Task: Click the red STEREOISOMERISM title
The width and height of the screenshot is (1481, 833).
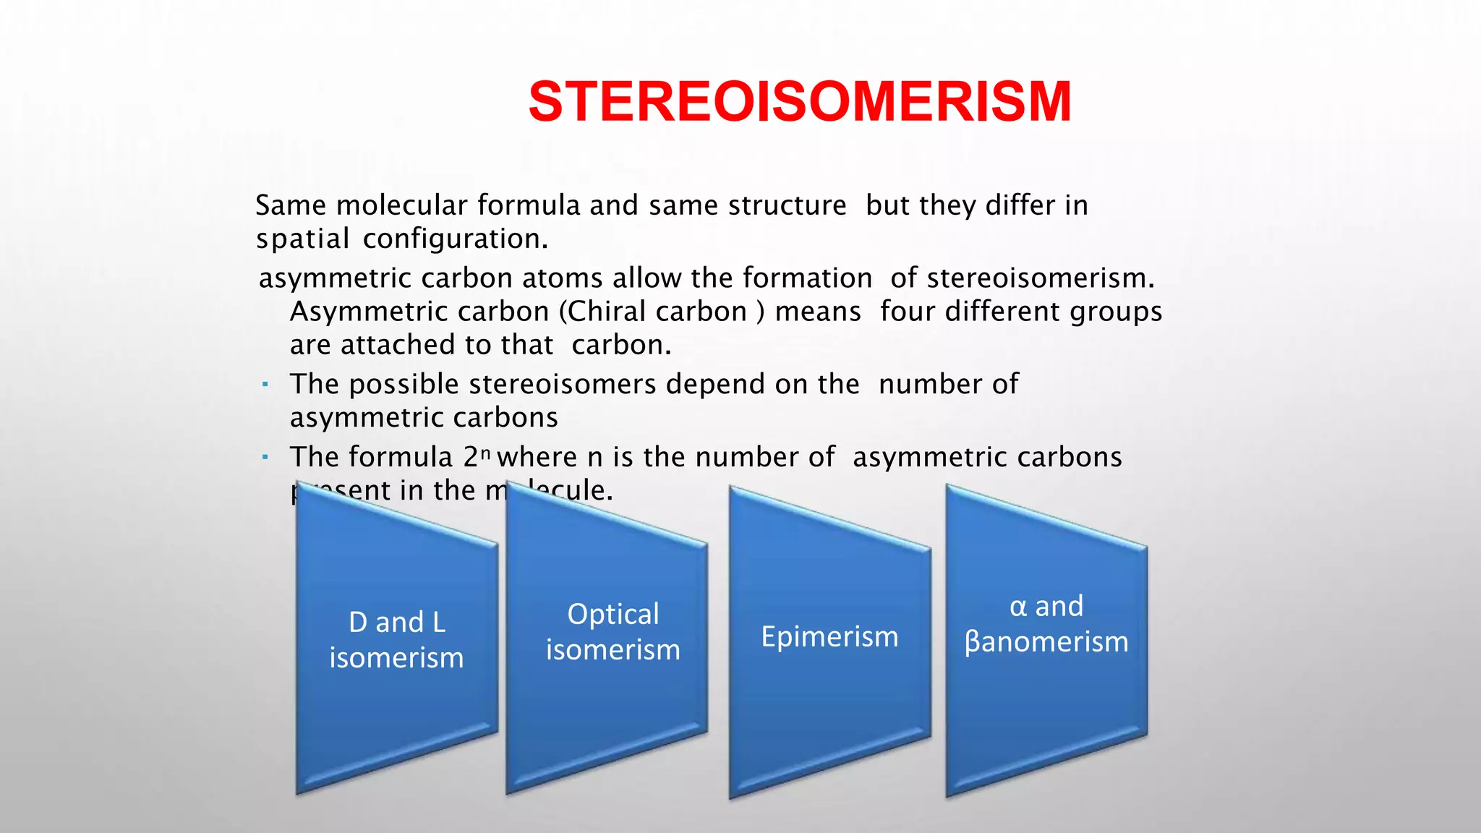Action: (799, 101)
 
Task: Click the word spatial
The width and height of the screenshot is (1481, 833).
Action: (302, 239)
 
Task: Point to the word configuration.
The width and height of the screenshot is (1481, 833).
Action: (455, 239)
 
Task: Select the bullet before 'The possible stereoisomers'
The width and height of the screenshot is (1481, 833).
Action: (265, 384)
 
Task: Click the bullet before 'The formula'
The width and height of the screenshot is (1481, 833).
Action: (265, 457)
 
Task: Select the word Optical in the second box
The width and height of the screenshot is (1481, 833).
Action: (613, 614)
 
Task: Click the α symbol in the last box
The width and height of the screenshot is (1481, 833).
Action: (1018, 606)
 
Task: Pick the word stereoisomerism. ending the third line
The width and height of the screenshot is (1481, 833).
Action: (1041, 278)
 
